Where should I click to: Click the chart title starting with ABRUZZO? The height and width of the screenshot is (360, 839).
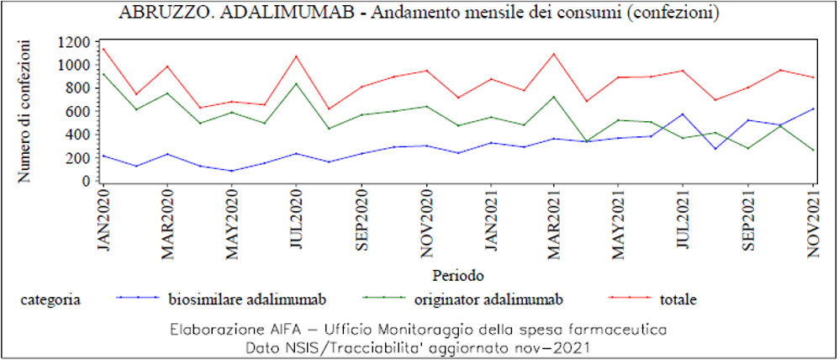pos(425,14)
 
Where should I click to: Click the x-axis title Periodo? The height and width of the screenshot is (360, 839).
pos(458,275)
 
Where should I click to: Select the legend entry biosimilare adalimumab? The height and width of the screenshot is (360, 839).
pos(246,299)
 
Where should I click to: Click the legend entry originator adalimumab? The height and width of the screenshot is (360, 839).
pos(488,299)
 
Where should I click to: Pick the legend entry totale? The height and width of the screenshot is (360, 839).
pos(678,299)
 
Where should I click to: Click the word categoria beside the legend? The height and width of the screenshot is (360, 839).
pos(50,299)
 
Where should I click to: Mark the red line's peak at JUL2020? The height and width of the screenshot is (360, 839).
pos(297,56)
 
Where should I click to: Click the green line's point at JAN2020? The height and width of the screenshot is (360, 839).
pos(103,73)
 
